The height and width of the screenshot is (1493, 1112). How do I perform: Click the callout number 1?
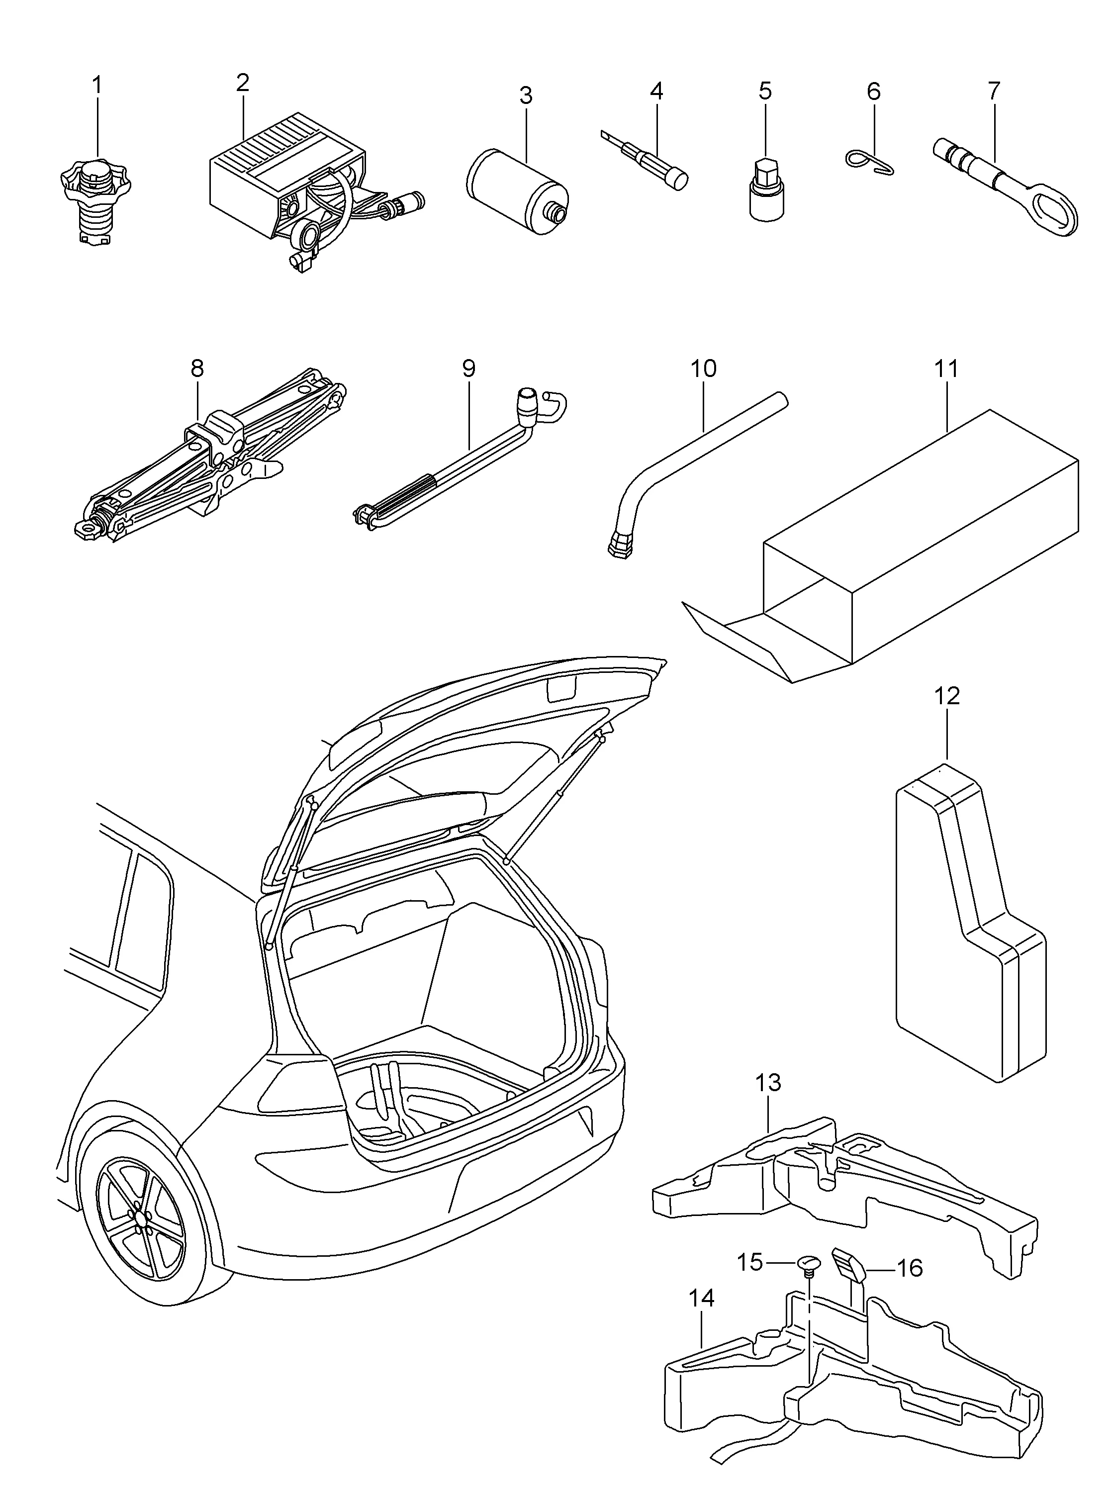(x=97, y=86)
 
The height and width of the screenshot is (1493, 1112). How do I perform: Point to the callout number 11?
(x=946, y=369)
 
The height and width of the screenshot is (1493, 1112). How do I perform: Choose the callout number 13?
(x=768, y=1082)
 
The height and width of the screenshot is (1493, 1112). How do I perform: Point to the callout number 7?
(x=994, y=90)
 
